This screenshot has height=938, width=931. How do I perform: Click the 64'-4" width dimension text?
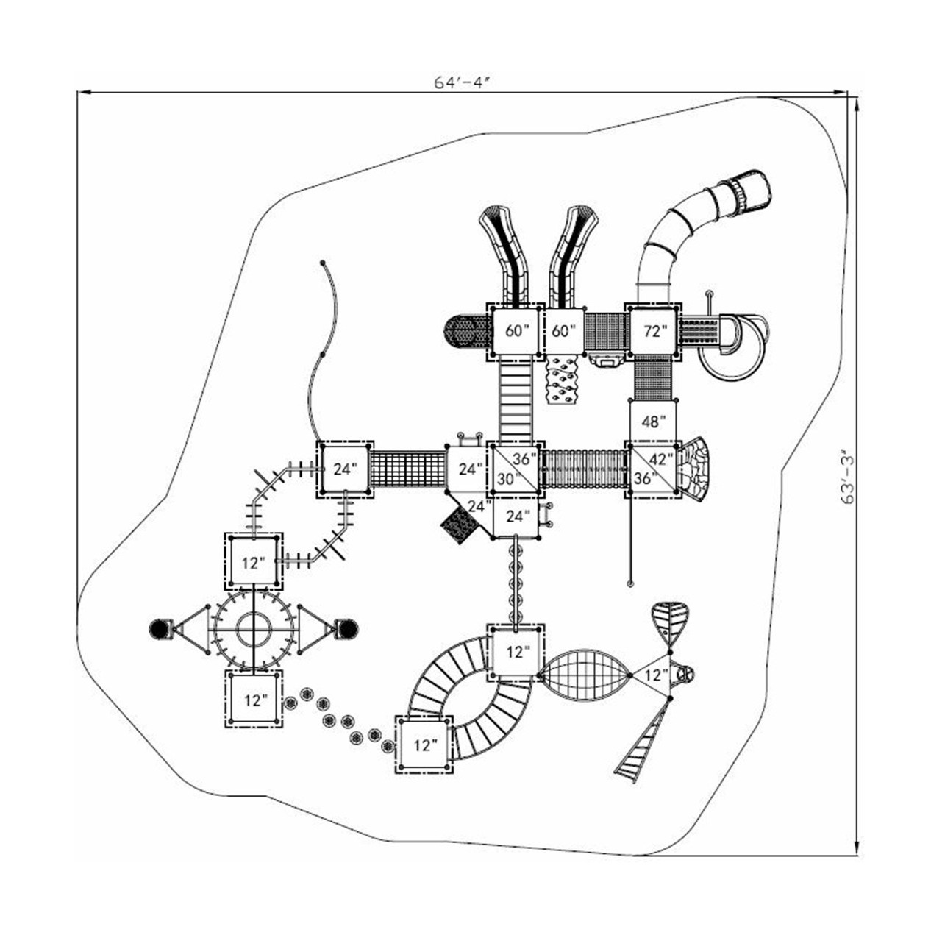[461, 82]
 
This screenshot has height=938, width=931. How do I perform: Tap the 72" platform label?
[654, 331]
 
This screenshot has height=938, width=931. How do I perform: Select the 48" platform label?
[653, 422]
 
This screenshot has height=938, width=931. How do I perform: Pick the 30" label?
[507, 477]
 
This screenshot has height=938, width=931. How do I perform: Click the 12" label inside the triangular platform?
[655, 675]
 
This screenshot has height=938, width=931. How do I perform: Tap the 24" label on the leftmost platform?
[344, 469]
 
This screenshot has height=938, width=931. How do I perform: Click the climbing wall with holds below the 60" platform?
[564, 380]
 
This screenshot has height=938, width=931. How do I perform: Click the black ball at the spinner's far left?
[159, 629]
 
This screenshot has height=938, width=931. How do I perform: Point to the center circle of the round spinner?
[254, 630]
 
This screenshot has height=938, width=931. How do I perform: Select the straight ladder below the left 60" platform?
[515, 401]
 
